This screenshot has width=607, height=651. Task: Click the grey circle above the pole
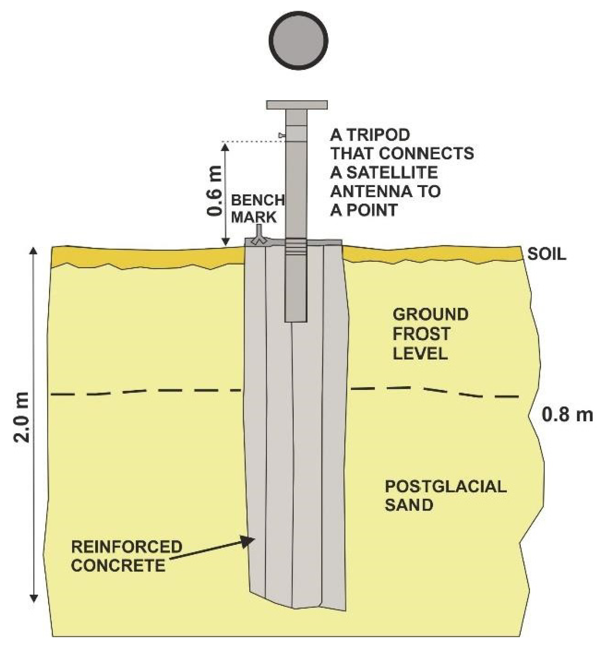[x=298, y=41]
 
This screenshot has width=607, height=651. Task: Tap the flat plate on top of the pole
[x=297, y=105]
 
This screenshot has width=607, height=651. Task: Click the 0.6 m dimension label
[x=215, y=191]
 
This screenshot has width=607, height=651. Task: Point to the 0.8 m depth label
[x=567, y=415]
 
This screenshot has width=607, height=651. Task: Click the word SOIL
[x=547, y=254]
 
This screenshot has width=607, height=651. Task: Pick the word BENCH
[x=257, y=200]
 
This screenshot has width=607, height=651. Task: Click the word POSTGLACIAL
[x=446, y=487]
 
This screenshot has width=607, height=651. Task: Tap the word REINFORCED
[x=127, y=547]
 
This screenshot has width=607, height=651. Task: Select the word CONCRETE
[x=118, y=565]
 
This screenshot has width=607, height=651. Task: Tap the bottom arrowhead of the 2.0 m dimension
[x=33, y=606]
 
